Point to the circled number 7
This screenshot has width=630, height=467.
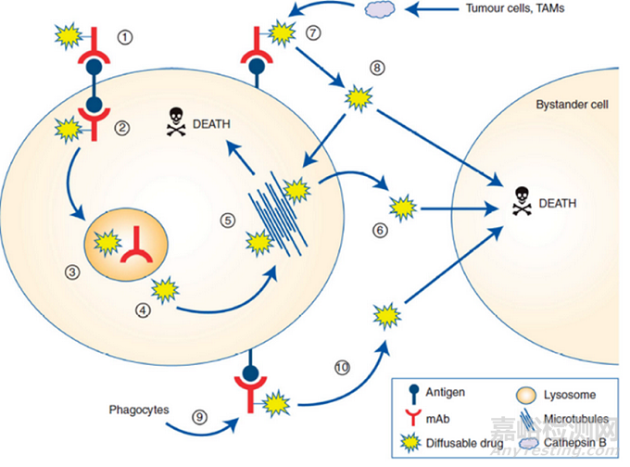tap(314, 32)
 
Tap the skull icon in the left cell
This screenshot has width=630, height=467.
tap(173, 120)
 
